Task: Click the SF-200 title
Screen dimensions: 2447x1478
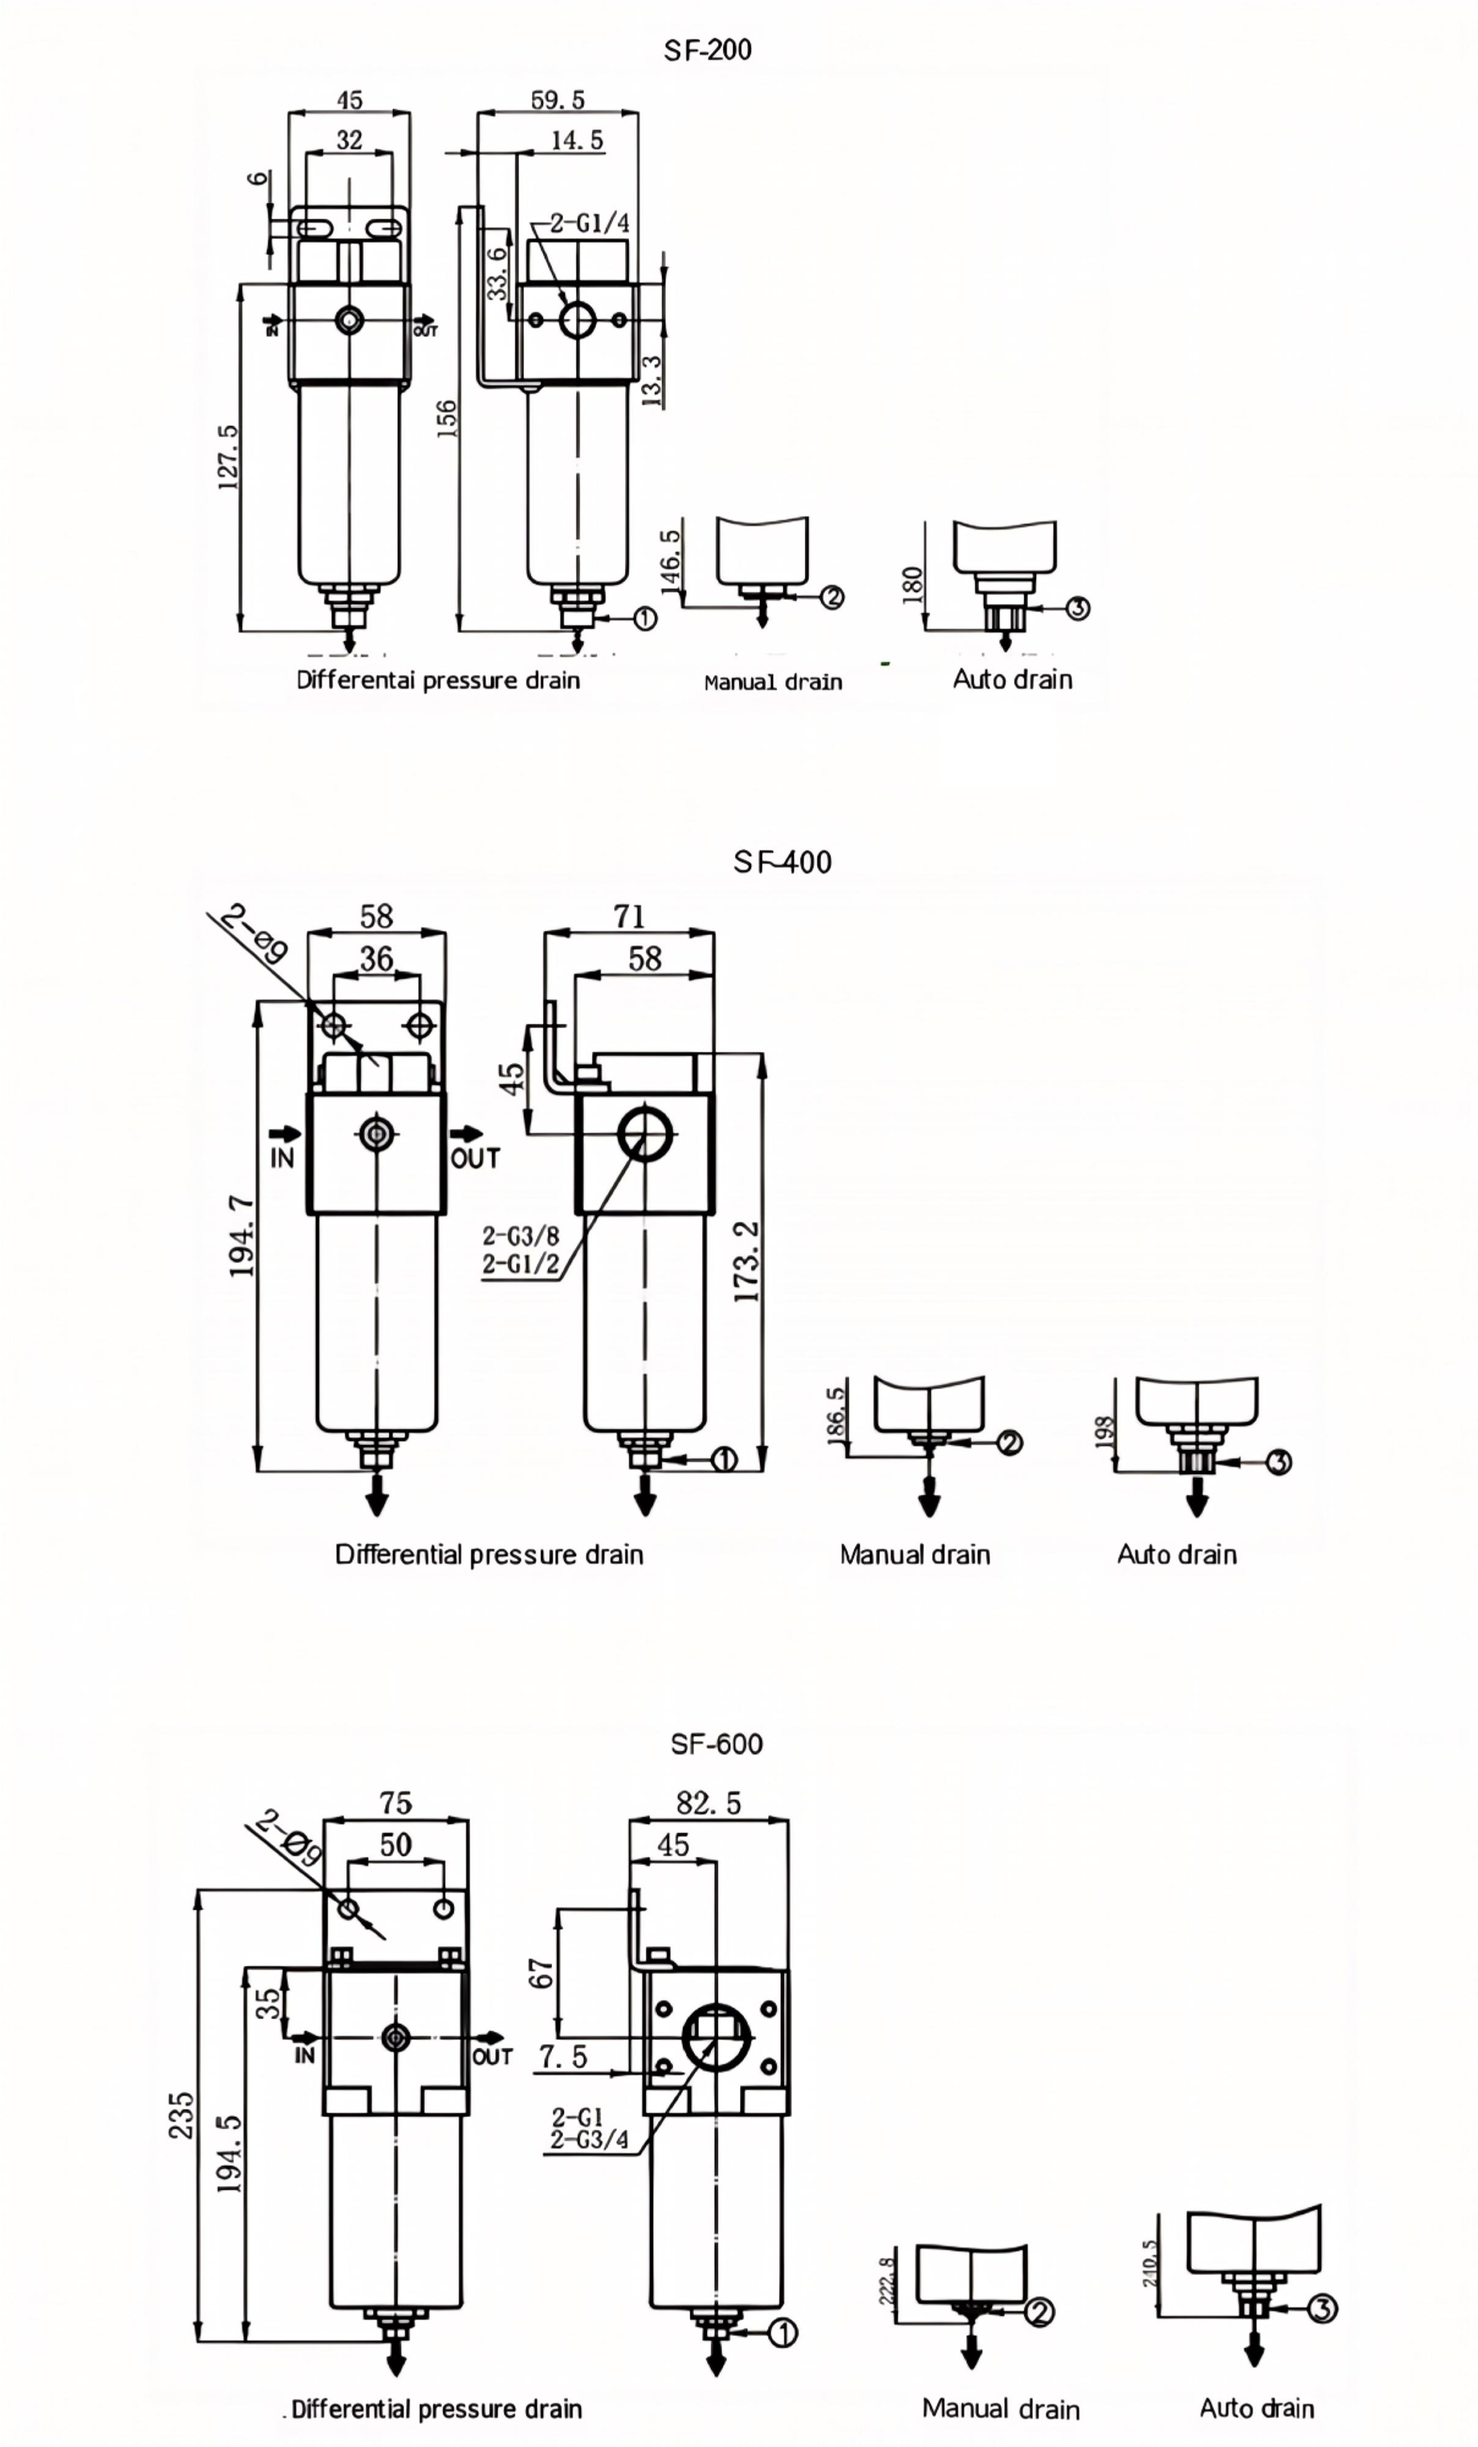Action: [x=707, y=50]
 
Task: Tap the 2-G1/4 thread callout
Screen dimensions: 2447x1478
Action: [x=589, y=223]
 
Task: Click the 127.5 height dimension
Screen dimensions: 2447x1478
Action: [x=228, y=457]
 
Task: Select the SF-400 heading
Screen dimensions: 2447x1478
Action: [x=782, y=862]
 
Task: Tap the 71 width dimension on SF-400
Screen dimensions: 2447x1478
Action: [x=629, y=916]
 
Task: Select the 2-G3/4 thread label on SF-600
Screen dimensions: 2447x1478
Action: [x=589, y=2139]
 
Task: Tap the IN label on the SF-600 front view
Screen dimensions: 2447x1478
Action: [x=304, y=2055]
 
